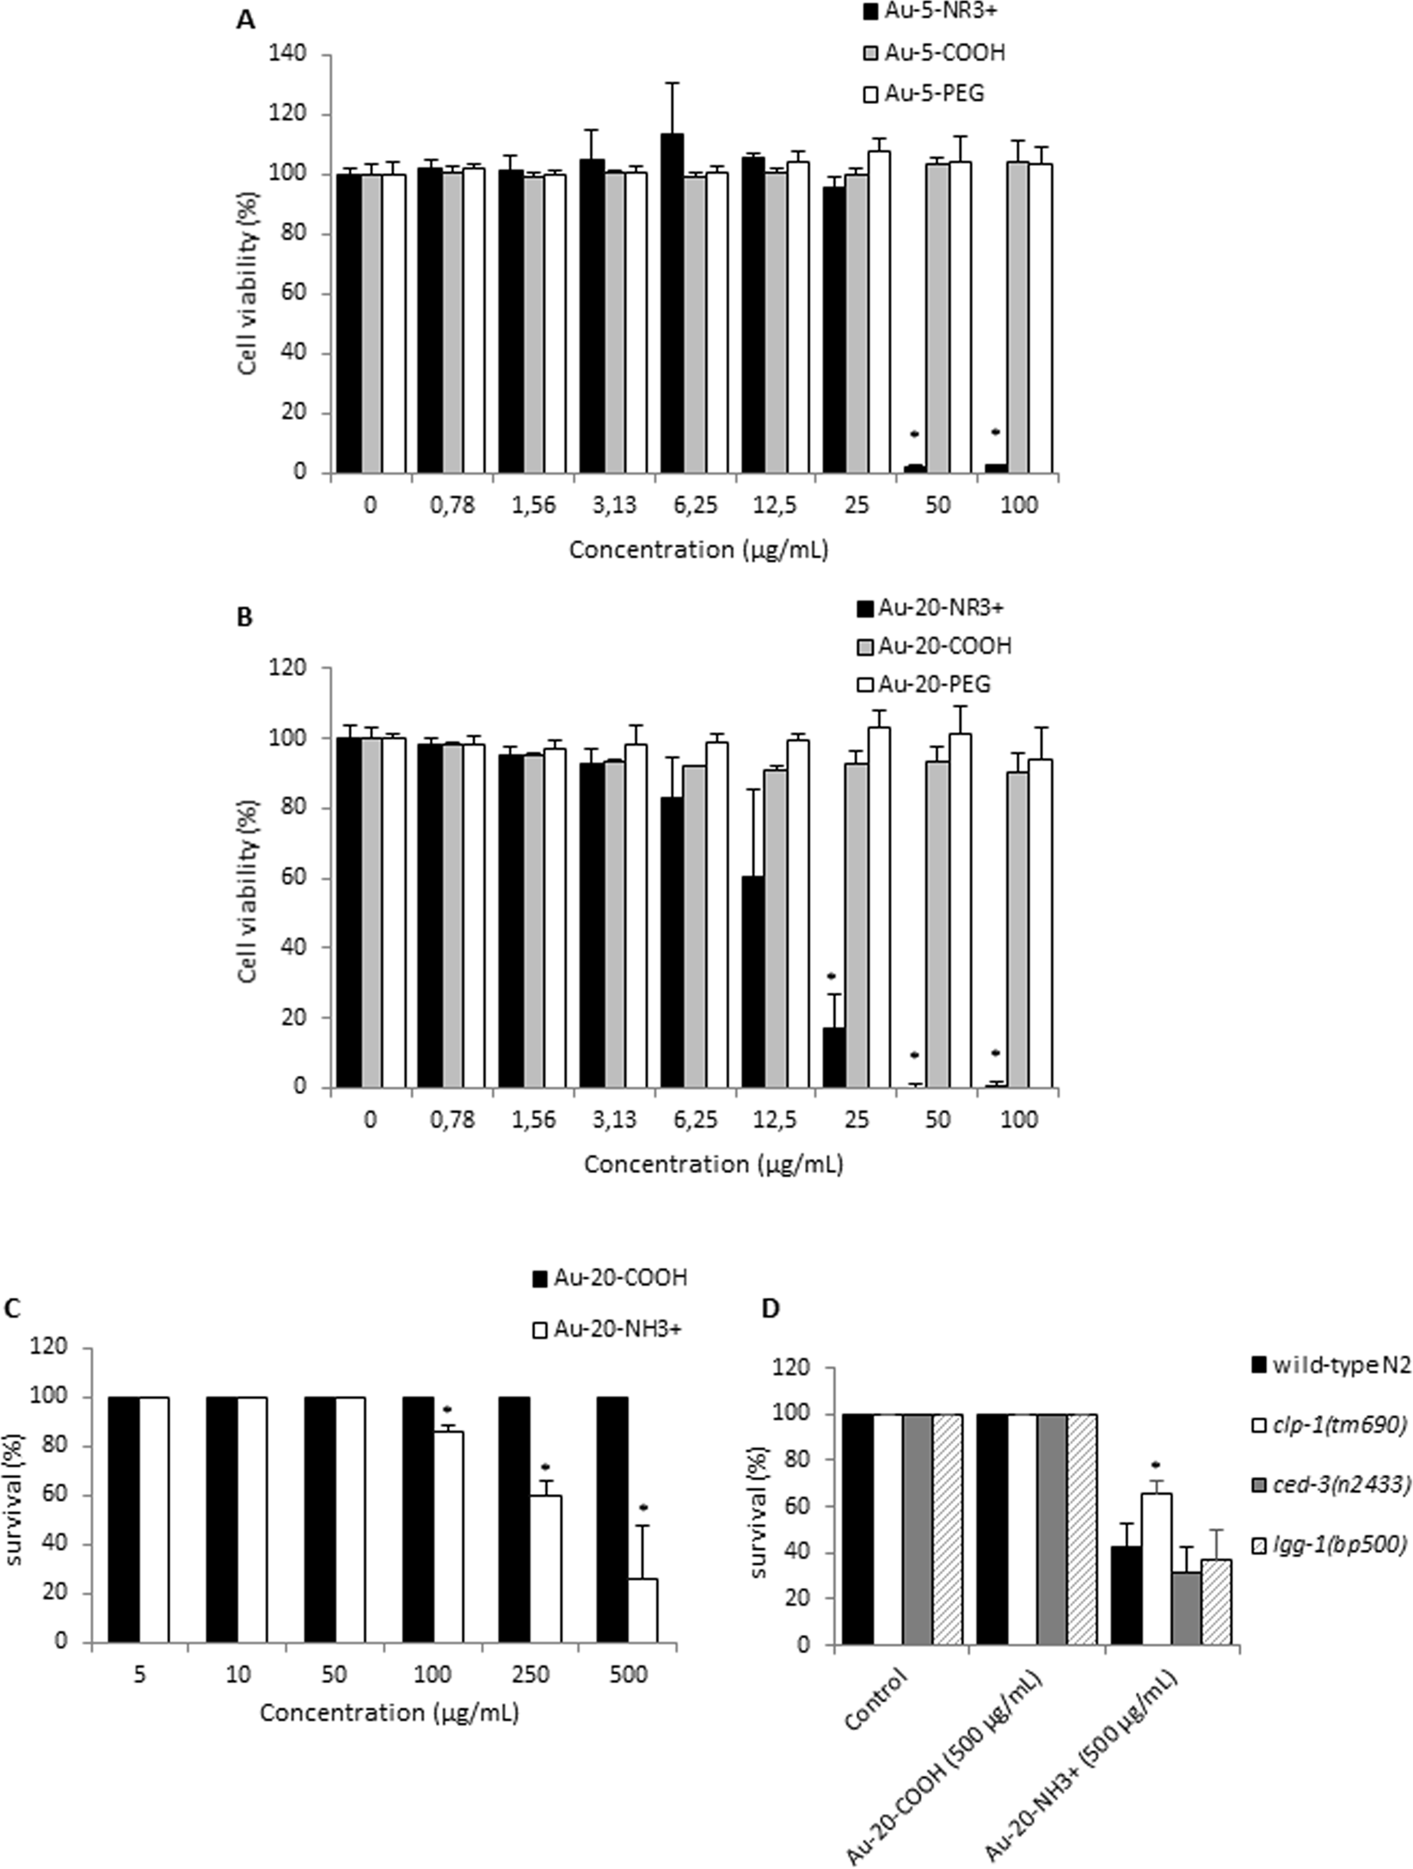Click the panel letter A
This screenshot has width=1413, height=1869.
coord(245,20)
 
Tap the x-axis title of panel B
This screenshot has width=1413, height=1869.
coord(713,1165)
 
